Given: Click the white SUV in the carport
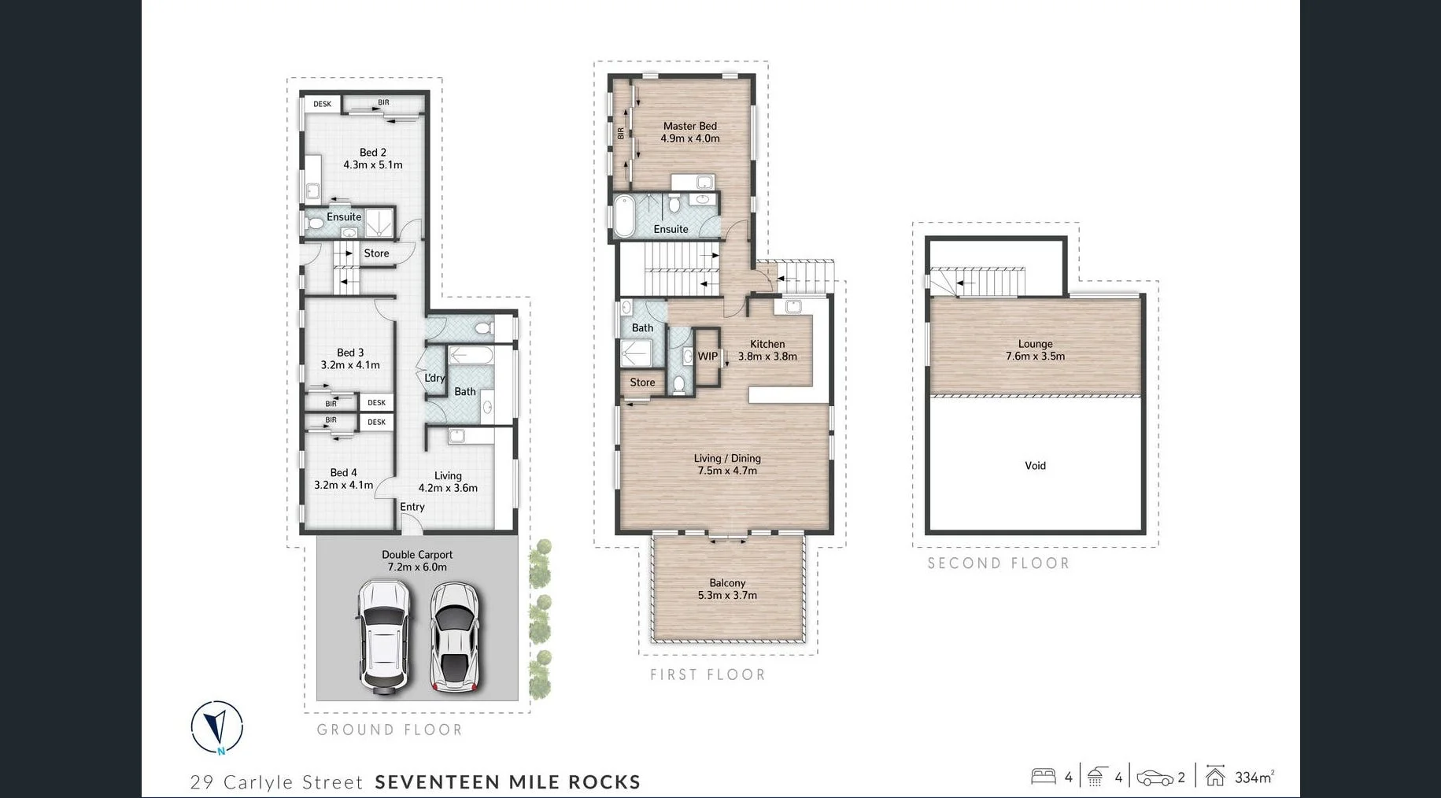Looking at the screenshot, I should (383, 636).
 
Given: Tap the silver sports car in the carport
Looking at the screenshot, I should (454, 637).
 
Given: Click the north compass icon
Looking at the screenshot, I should (217, 726).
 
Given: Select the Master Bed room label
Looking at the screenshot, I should (689, 131).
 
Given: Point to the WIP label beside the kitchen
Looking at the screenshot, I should (708, 357).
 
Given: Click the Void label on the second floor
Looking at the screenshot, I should (1035, 466).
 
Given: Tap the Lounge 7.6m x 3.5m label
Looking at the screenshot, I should (1035, 350).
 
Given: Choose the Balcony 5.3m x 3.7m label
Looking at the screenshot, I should (727, 589).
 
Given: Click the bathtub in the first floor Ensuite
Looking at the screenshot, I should (624, 215).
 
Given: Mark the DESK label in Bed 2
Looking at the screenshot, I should (323, 104).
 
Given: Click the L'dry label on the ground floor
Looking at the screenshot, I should (434, 378).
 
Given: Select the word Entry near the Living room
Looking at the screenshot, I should (412, 507).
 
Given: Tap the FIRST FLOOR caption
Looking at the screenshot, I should (708, 674).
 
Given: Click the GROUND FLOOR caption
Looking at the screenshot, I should (390, 730).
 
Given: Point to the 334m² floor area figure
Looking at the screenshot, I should (1254, 778).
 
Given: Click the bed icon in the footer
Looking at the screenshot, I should (1043, 777).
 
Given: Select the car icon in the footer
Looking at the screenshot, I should (1155, 778).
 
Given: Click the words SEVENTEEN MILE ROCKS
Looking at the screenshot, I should (508, 782).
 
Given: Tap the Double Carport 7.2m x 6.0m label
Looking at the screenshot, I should (417, 560).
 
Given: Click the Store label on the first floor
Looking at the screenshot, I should (642, 382).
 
